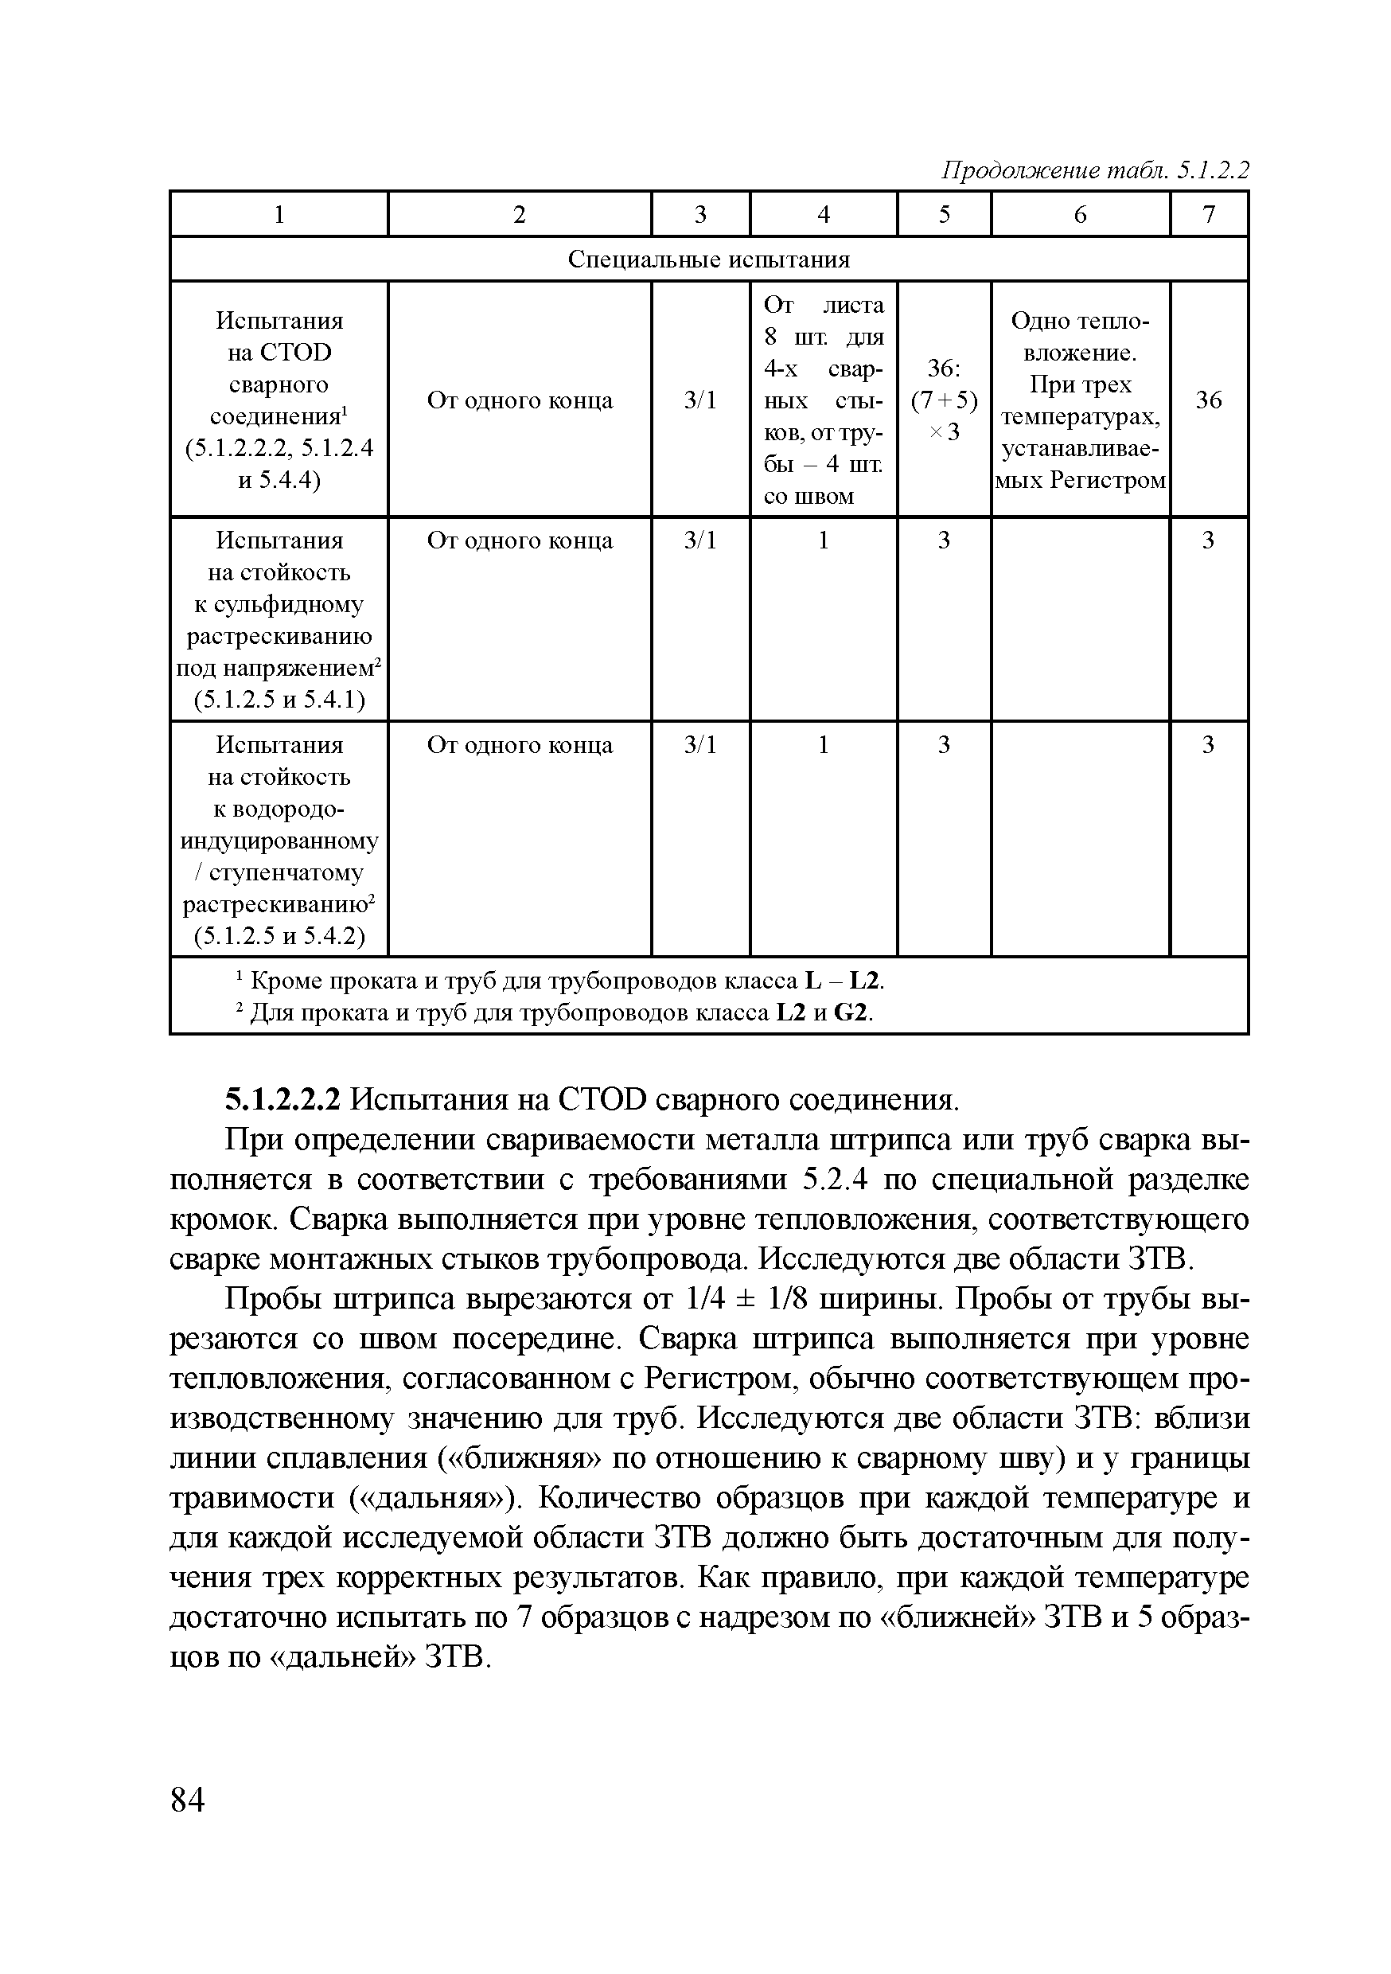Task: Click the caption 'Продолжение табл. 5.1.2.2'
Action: (1094, 170)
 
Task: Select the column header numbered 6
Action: (1080, 214)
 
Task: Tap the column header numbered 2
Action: (520, 214)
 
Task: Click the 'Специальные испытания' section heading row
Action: (708, 259)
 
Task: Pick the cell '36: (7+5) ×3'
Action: (944, 400)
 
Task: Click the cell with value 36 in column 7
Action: (1208, 400)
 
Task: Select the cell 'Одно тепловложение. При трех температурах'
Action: (1080, 400)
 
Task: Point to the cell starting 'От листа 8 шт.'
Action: (823, 400)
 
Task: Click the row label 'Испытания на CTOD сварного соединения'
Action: (279, 400)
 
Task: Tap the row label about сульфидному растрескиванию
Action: (279, 620)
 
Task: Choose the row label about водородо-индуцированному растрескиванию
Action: (279, 839)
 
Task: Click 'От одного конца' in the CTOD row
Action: (520, 400)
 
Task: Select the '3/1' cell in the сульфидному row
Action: (699, 540)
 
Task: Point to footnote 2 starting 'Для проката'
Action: (555, 1012)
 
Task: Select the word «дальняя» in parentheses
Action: (434, 1499)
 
